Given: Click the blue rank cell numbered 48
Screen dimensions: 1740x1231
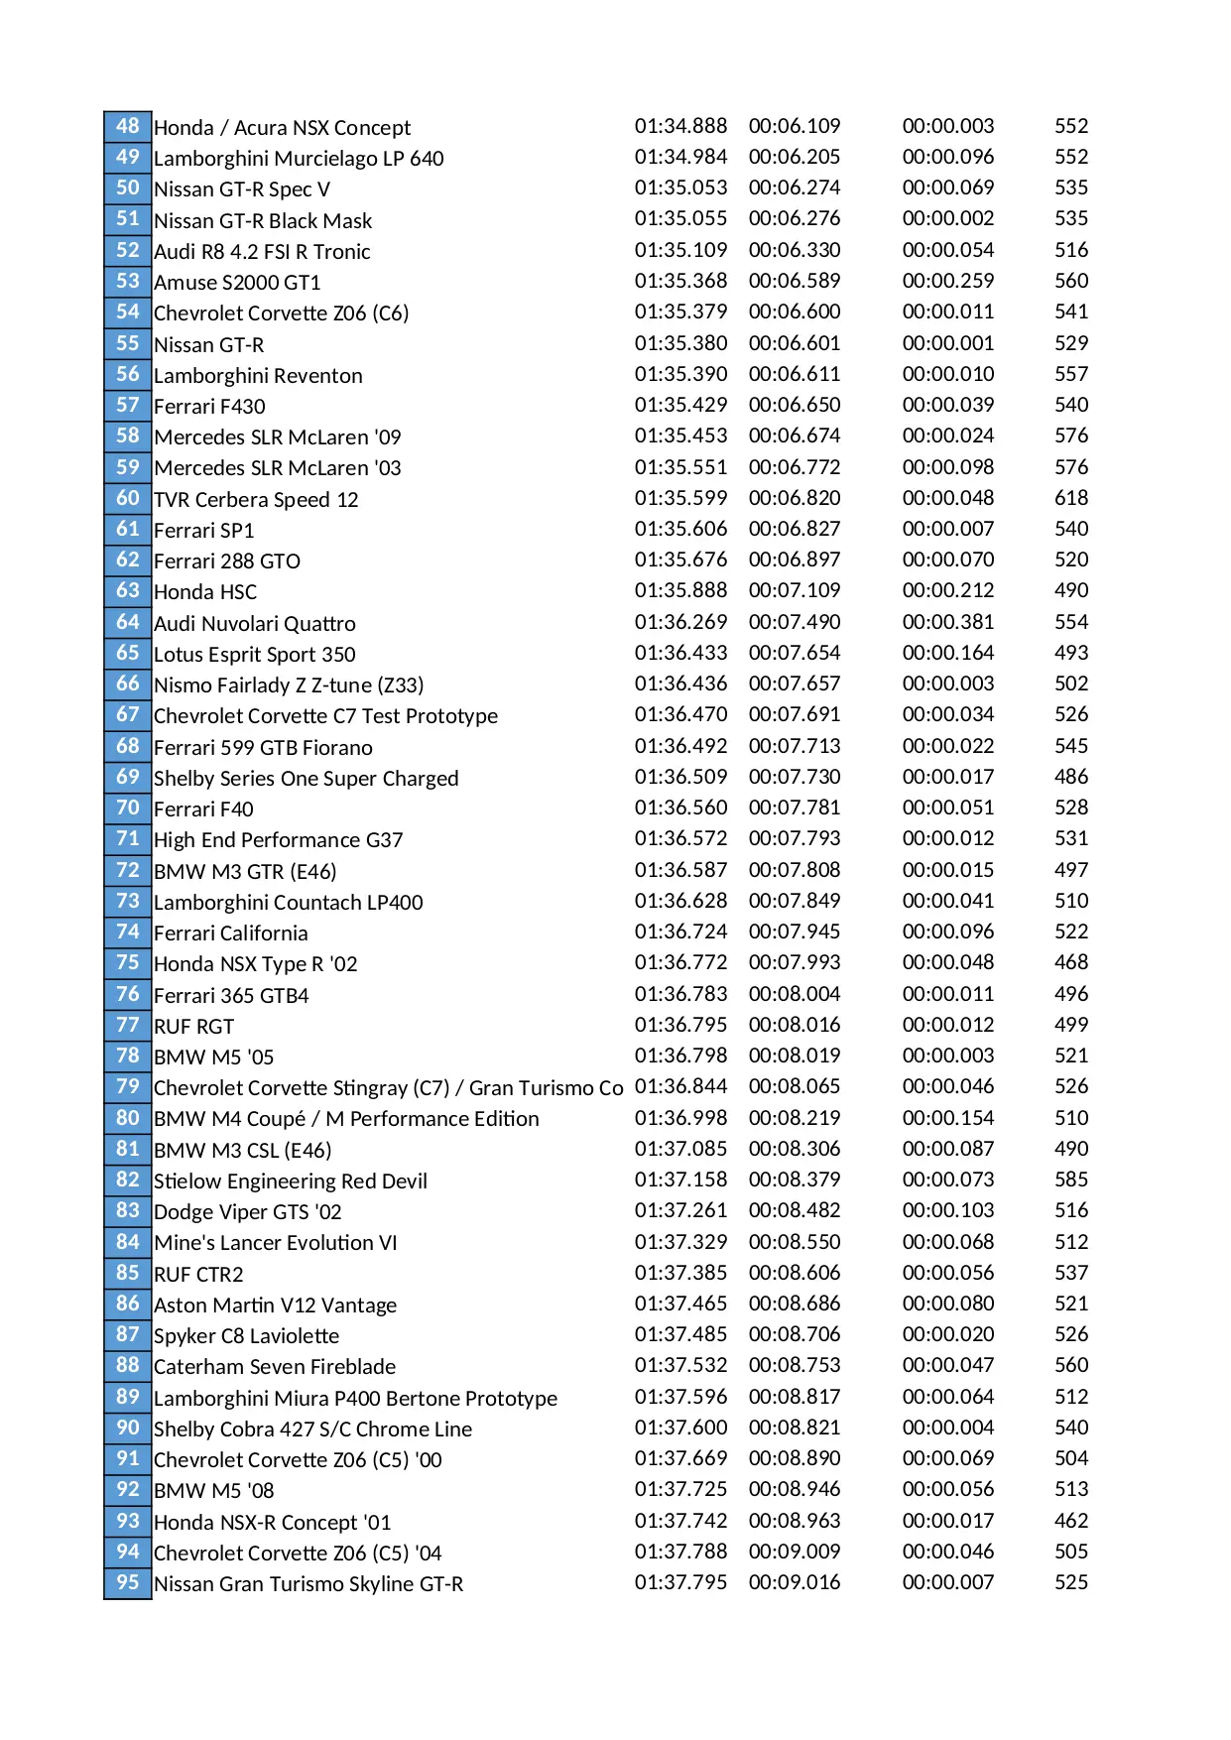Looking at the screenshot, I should (128, 126).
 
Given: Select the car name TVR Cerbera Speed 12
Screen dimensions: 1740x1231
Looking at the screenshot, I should (256, 499).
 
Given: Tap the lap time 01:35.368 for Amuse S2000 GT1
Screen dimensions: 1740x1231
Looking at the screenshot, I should (680, 281).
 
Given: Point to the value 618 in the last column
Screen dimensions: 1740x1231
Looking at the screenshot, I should (1071, 498).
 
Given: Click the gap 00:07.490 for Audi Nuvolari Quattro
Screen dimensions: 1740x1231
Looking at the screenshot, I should (795, 622).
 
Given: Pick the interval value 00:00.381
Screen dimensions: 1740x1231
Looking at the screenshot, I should (948, 622).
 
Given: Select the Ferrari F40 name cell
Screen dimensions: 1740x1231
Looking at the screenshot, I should (203, 808).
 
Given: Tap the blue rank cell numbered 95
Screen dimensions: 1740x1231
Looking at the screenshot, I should (128, 1582).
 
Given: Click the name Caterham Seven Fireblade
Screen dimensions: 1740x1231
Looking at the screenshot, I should (275, 1366).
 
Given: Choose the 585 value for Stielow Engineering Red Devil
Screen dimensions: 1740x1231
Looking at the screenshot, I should (1071, 1180).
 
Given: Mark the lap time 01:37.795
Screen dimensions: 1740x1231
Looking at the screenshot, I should (680, 1582).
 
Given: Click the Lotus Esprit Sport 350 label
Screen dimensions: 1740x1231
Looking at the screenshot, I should (254, 654).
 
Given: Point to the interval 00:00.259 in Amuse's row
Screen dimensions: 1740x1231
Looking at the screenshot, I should (948, 281).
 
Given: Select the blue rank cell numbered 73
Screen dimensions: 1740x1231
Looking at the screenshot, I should (128, 901).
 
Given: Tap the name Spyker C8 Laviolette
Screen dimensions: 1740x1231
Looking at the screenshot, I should (246, 1335).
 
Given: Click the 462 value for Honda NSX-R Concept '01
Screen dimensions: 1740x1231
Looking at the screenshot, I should (1071, 1521).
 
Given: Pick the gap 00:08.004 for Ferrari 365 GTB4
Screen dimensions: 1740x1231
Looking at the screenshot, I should (795, 994).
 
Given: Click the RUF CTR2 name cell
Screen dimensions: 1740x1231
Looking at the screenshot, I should (198, 1274).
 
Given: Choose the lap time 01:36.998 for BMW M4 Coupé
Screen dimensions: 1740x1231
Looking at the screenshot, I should (680, 1118).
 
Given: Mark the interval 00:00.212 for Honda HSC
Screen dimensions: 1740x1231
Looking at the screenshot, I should (948, 590).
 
